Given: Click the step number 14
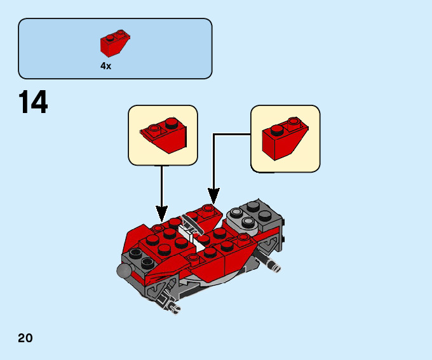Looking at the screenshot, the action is click(33, 102).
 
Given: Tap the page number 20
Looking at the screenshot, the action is click(25, 338).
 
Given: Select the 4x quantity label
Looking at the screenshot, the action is click(106, 66).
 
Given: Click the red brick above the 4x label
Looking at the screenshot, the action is click(115, 43).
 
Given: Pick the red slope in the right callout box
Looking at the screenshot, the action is click(285, 138).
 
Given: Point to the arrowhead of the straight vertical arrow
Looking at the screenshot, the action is click(162, 214).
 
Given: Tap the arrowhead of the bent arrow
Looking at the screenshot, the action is click(213, 196).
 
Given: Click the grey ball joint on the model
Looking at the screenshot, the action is click(125, 270).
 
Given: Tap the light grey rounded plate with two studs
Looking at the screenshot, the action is click(243, 218).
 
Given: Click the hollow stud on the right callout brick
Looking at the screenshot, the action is click(294, 122).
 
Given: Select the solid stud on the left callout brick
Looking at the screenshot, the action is click(172, 123).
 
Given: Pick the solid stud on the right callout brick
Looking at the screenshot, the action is click(277, 130).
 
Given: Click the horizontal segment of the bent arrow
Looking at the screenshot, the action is click(232, 135).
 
